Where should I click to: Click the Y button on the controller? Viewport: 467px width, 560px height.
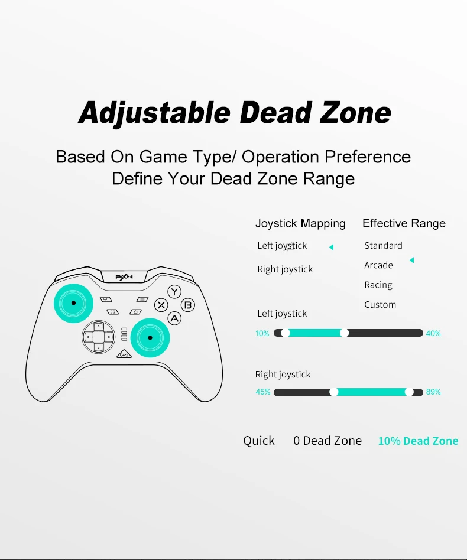click(x=174, y=292)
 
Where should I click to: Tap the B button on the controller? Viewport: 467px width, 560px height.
click(x=188, y=305)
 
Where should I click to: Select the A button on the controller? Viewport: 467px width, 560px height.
click(x=174, y=318)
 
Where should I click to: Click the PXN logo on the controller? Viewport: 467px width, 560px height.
click(x=124, y=277)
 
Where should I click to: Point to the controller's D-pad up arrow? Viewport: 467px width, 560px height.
click(x=99, y=327)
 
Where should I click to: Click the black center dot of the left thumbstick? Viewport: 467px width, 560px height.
click(x=74, y=303)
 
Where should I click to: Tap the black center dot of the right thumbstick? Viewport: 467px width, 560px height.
click(x=150, y=337)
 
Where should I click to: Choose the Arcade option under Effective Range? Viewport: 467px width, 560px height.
click(x=378, y=265)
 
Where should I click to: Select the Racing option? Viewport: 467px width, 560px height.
click(x=378, y=285)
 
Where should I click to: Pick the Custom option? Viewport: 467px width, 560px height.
click(x=380, y=305)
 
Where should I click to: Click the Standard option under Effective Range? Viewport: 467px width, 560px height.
click(x=383, y=245)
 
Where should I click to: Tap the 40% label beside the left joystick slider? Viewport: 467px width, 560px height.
click(x=433, y=333)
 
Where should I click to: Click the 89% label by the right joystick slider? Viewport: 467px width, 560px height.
click(x=433, y=392)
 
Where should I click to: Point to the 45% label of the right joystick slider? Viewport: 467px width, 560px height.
click(x=263, y=392)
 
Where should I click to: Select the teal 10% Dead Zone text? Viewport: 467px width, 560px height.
click(x=418, y=441)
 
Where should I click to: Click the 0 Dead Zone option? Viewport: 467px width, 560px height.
click(x=327, y=441)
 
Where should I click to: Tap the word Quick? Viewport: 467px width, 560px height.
click(x=259, y=441)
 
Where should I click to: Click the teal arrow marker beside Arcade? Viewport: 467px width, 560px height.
click(x=411, y=260)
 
